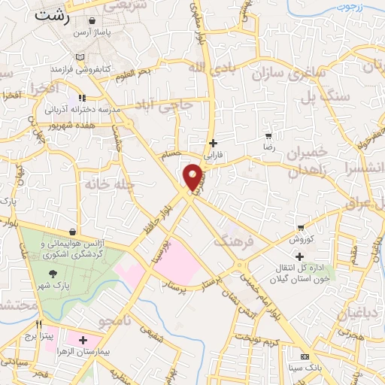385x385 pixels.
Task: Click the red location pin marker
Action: point(194,177)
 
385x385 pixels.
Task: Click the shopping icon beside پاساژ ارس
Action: point(92,22)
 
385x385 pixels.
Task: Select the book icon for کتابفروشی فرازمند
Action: point(80,57)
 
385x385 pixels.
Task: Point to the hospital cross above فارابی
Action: point(214,143)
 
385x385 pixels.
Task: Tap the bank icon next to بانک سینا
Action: point(305,356)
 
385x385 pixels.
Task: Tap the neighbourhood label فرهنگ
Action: point(229,241)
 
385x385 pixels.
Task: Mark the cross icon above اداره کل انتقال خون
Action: point(299,256)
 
